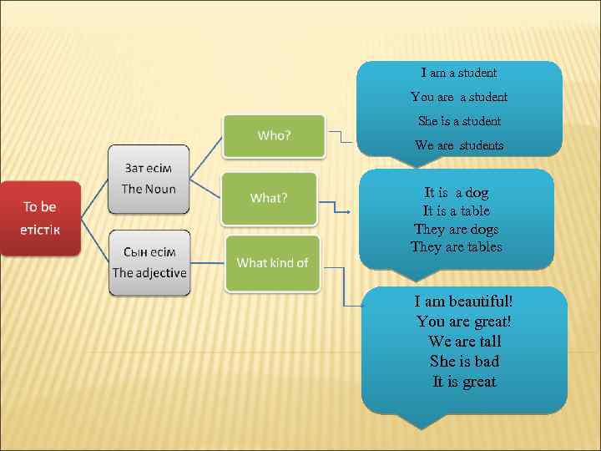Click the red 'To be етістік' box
pyautogui.click(x=40, y=217)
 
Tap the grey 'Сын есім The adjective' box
pyautogui.click(x=149, y=262)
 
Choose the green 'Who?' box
pyautogui.click(x=274, y=135)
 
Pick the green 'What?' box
pyautogui.click(x=269, y=198)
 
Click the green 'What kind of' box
pyautogui.click(x=272, y=263)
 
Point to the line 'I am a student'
pyautogui.click(x=459, y=73)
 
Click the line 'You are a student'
pyautogui.click(x=459, y=98)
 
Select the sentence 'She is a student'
pyautogui.click(x=459, y=121)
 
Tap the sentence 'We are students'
pyautogui.click(x=459, y=145)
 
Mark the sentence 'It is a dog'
pyautogui.click(x=457, y=193)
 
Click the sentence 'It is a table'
pyautogui.click(x=457, y=211)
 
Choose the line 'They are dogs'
pyautogui.click(x=457, y=229)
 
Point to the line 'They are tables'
pyautogui.click(x=457, y=247)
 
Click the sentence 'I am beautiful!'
pyautogui.click(x=464, y=302)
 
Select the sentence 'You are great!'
pyautogui.click(x=464, y=322)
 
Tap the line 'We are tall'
pyautogui.click(x=464, y=342)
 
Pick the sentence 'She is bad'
pyautogui.click(x=464, y=362)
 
